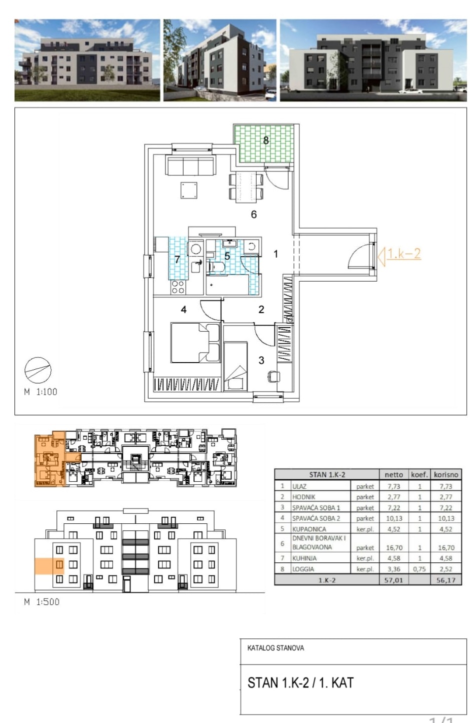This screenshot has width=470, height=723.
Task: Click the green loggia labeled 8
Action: click(x=264, y=144)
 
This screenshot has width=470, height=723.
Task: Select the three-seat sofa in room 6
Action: click(x=190, y=165)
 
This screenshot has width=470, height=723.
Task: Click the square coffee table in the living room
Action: click(x=188, y=190)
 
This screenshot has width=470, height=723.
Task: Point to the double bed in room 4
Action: click(x=195, y=342)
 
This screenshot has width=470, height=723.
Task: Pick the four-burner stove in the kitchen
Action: click(x=177, y=287)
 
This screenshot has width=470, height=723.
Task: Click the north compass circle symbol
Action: click(x=38, y=371)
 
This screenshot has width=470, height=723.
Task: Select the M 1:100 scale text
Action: click(x=40, y=392)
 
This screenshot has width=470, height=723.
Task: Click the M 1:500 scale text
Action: click(x=41, y=602)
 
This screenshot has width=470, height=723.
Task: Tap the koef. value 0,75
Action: click(x=419, y=569)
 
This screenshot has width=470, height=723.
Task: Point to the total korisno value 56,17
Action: click(x=446, y=580)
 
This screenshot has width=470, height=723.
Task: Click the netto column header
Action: click(x=394, y=475)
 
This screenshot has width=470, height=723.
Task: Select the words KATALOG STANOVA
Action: click(x=275, y=648)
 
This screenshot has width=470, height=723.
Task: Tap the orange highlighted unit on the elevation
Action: click(x=49, y=566)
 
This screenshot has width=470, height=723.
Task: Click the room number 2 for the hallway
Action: click(x=261, y=310)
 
